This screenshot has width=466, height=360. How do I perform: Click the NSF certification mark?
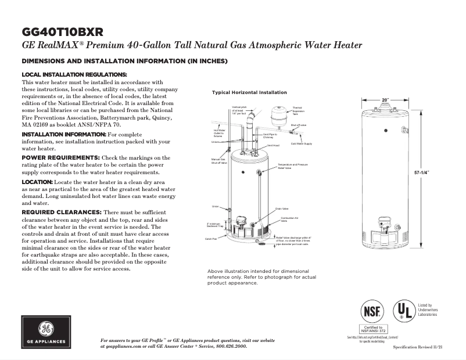click(x=371, y=311)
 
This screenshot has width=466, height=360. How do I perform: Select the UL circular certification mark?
click(x=404, y=311)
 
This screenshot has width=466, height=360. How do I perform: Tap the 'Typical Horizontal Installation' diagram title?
click(x=249, y=93)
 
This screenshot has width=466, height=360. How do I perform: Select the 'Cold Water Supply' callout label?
click(x=302, y=143)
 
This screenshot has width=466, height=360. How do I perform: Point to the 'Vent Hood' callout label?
click(x=274, y=145)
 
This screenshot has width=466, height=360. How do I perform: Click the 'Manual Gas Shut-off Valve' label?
click(x=218, y=161)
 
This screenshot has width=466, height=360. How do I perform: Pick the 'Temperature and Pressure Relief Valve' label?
click(x=293, y=166)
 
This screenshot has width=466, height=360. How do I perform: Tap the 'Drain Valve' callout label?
click(x=282, y=208)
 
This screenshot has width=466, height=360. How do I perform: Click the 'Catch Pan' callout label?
click(x=210, y=239)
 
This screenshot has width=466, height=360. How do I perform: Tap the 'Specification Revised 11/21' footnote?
click(x=418, y=346)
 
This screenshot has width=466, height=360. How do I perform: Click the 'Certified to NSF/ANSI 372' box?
click(x=371, y=329)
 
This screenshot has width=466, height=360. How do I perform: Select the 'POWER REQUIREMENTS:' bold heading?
click(x=60, y=158)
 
